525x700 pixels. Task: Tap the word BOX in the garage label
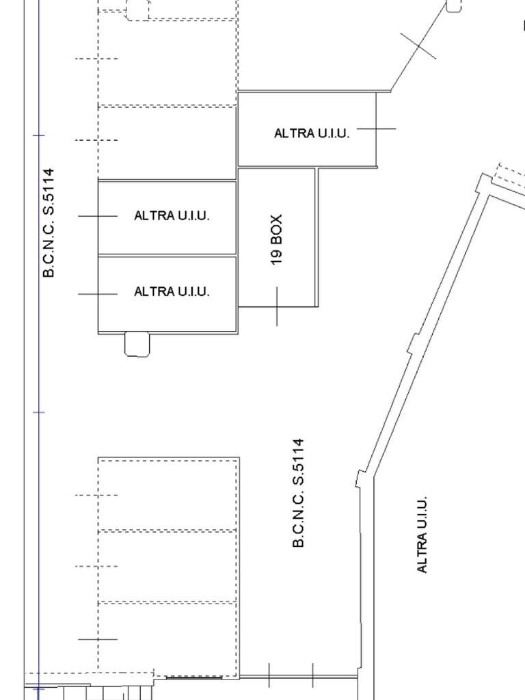(x=276, y=229)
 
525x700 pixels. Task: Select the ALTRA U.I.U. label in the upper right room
(x=312, y=133)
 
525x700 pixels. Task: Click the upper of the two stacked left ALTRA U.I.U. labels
(x=172, y=215)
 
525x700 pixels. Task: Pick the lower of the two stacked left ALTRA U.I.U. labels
(x=172, y=291)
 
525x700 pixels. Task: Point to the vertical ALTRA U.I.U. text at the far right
(x=422, y=535)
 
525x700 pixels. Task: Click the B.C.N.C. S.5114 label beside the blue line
(x=49, y=222)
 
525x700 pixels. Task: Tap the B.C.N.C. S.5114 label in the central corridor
(x=298, y=493)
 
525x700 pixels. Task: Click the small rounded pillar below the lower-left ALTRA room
(x=137, y=345)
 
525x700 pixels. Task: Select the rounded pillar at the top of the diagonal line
(x=454, y=5)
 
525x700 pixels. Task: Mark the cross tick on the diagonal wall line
(x=418, y=46)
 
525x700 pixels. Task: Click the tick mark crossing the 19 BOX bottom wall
(x=277, y=306)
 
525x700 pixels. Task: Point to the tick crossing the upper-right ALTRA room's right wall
(x=377, y=129)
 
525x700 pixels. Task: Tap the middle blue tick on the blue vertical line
(x=39, y=412)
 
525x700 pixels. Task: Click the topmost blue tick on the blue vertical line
(x=39, y=135)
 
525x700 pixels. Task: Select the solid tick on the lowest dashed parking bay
(x=98, y=639)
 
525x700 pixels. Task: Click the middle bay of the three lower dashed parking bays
(x=167, y=566)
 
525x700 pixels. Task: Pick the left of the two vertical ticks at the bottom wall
(x=269, y=675)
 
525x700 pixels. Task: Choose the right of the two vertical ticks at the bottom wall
(x=313, y=675)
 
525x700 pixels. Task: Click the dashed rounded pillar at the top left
(x=137, y=10)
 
